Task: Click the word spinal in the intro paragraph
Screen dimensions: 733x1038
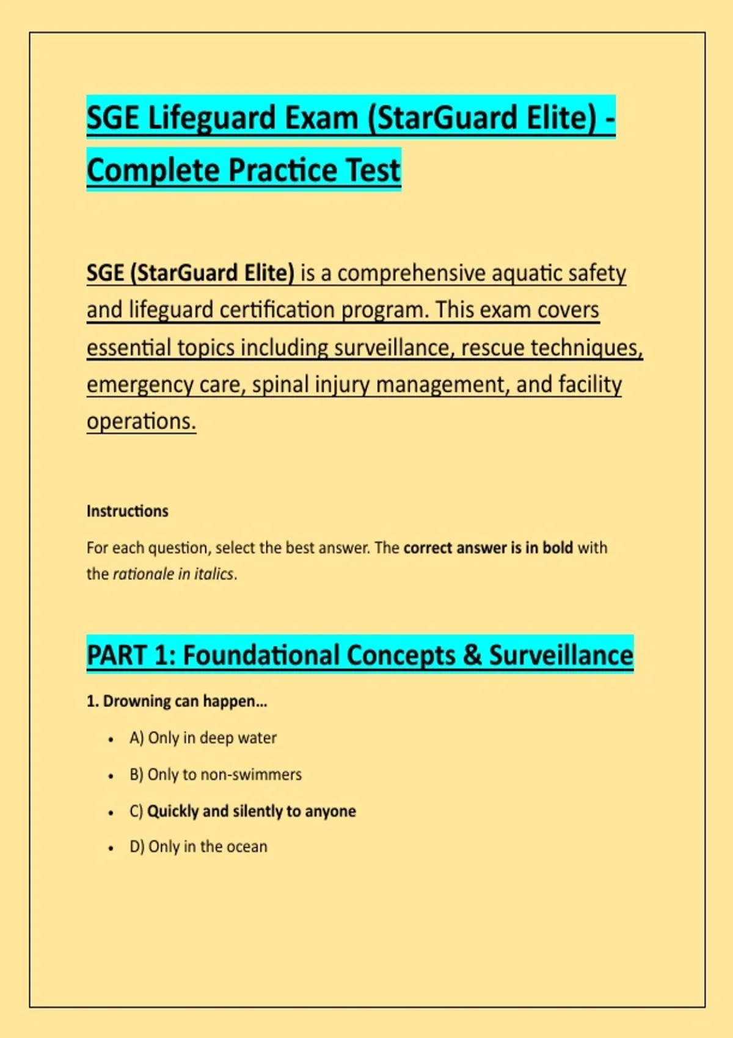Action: pyautogui.click(x=280, y=385)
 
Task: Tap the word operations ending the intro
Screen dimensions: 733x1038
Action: pyautogui.click(x=141, y=422)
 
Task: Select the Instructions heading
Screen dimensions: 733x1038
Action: pyautogui.click(x=128, y=511)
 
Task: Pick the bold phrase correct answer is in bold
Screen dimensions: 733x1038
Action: pyautogui.click(x=488, y=548)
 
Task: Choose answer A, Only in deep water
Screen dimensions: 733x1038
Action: pyautogui.click(x=203, y=738)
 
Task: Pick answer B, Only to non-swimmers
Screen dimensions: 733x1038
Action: pyautogui.click(x=216, y=775)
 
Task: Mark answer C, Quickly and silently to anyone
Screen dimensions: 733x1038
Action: pyautogui.click(x=243, y=811)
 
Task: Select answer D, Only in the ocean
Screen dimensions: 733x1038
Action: pyautogui.click(x=199, y=847)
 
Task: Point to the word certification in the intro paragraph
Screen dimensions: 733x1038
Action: pyautogui.click(x=277, y=310)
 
